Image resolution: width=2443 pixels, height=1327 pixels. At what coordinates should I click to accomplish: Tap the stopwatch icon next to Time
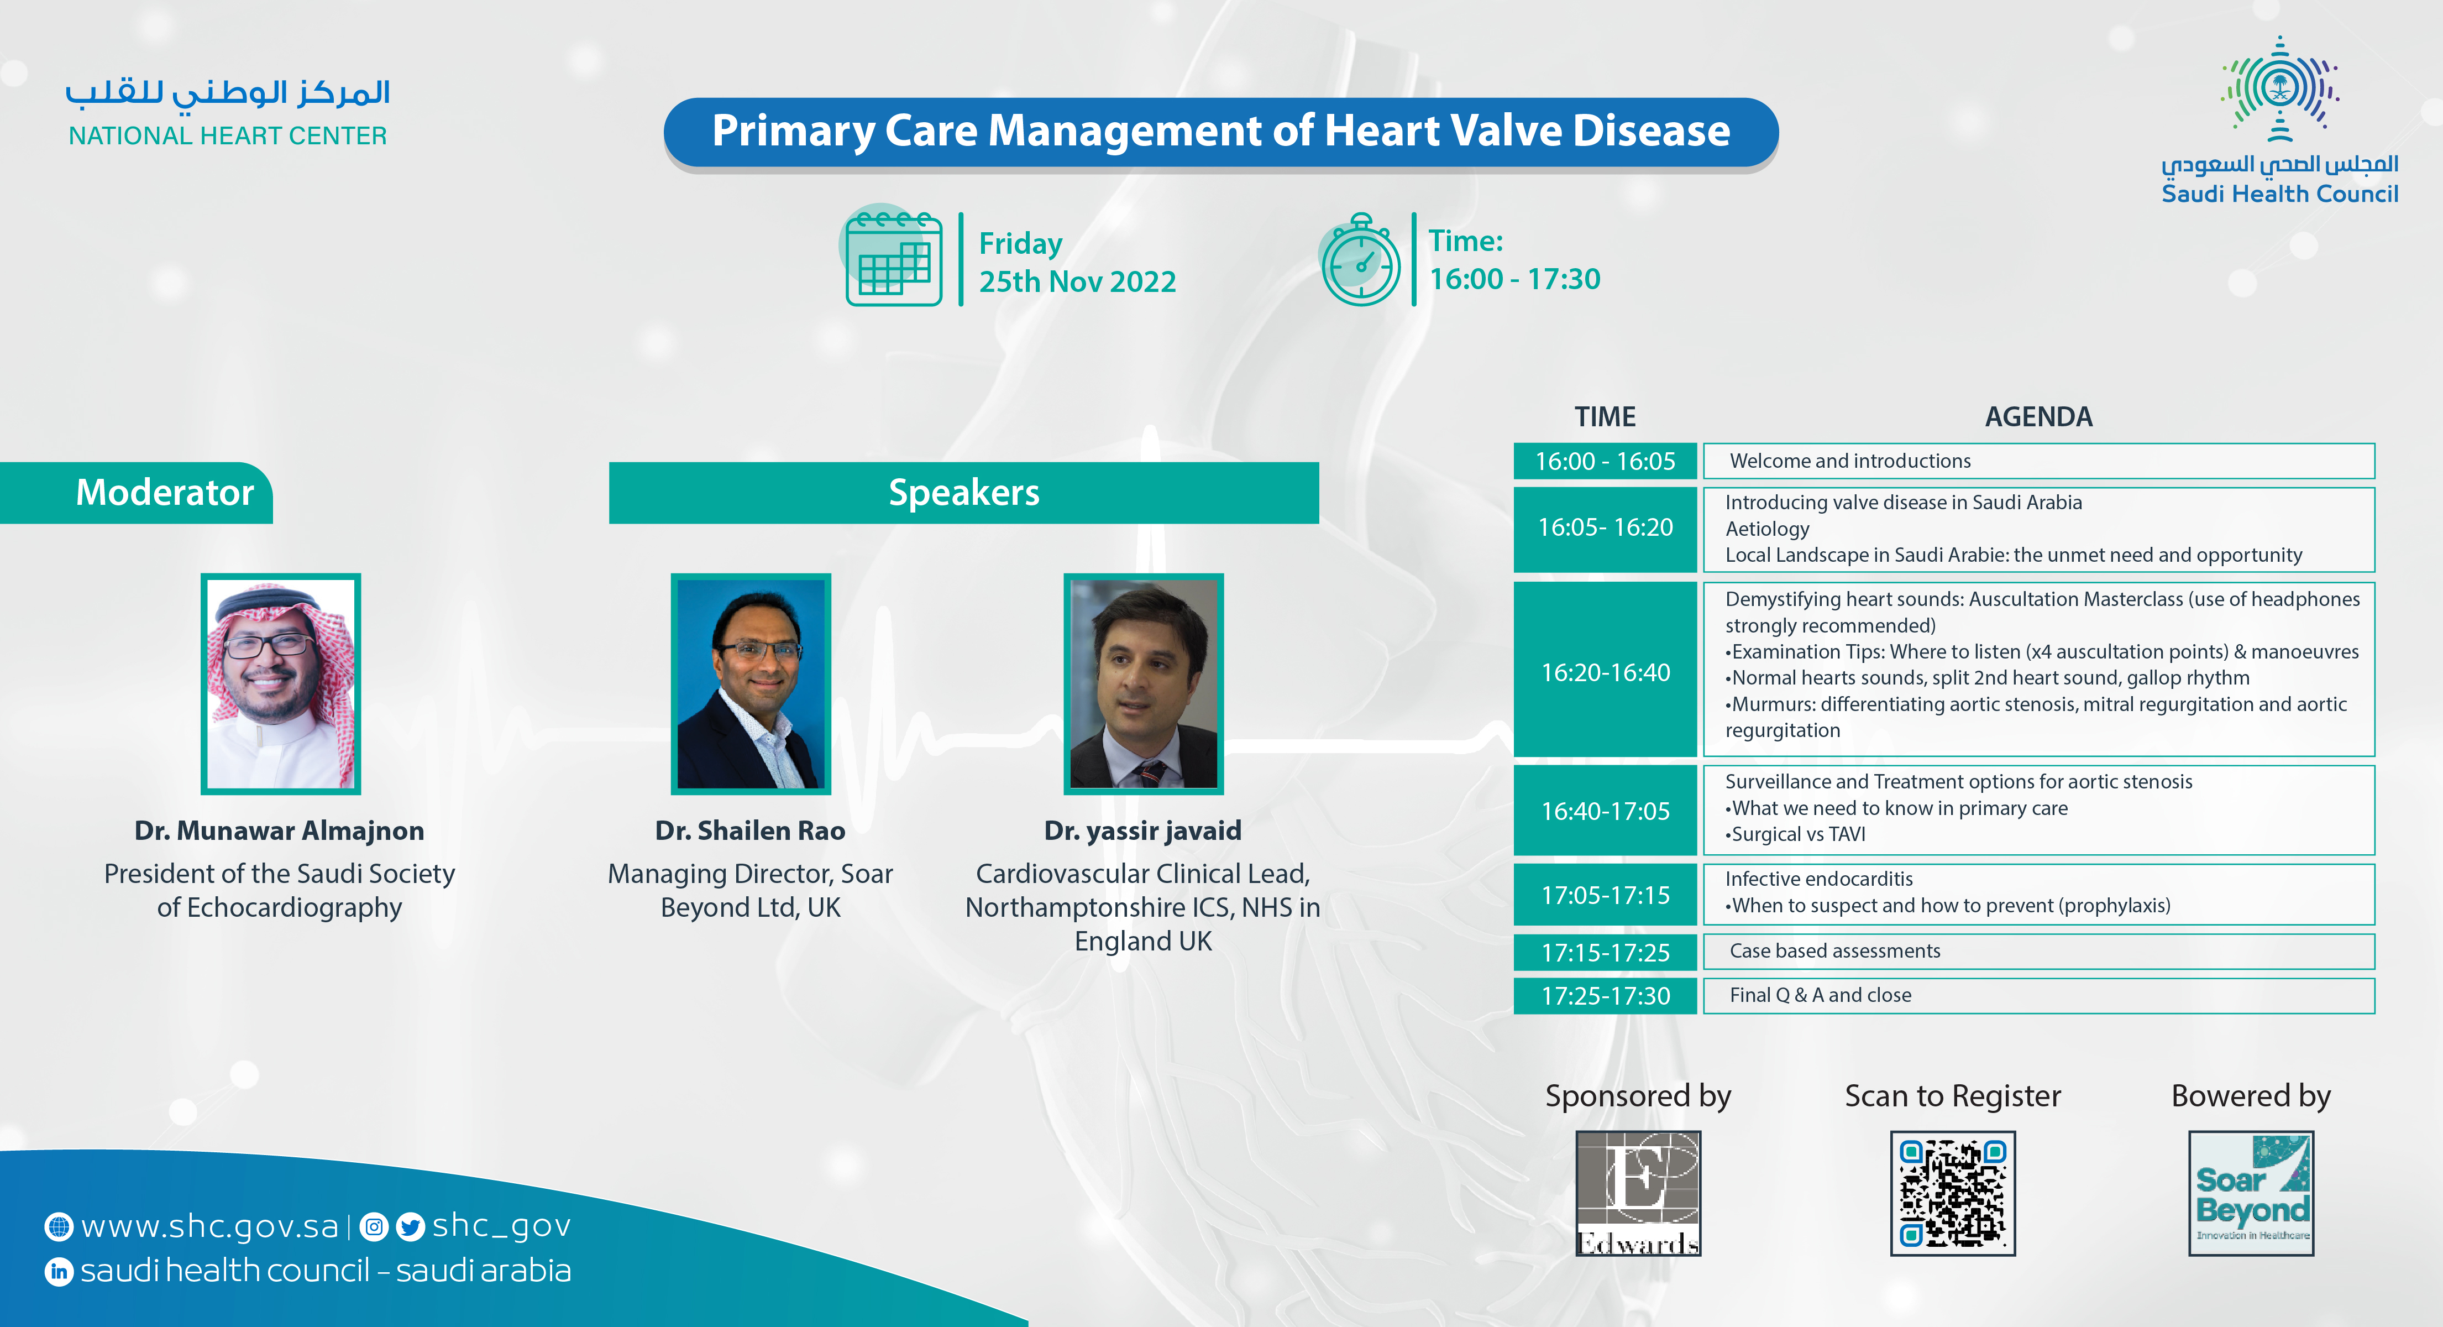(1360, 259)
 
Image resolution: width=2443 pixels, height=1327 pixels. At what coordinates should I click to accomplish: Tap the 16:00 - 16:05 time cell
(1605, 461)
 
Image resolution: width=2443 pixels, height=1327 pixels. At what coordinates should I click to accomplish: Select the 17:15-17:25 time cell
(1605, 952)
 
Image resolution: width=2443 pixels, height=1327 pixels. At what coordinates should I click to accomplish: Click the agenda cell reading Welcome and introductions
(2039, 461)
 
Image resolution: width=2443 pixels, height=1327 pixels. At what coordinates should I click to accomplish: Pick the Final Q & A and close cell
(2039, 995)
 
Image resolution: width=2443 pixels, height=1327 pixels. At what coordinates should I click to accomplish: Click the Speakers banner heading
(963, 492)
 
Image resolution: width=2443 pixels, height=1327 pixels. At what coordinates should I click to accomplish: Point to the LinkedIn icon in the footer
(59, 1271)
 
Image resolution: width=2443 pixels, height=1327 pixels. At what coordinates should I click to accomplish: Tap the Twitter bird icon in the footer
(410, 1226)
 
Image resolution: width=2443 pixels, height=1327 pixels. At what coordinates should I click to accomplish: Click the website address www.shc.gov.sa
(209, 1226)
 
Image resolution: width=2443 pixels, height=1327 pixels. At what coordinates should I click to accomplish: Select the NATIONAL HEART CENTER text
(228, 135)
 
